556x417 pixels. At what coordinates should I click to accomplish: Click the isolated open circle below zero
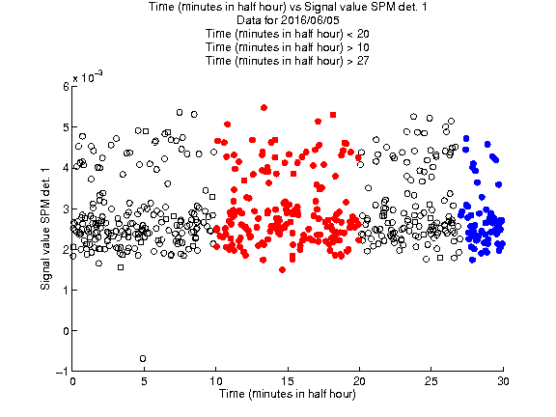[143, 358]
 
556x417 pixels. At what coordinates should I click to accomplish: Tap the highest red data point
[264, 107]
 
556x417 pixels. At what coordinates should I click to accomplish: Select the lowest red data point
[282, 270]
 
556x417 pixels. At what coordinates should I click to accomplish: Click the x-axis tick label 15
[288, 381]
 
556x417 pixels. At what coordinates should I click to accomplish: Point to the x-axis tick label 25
[431, 381]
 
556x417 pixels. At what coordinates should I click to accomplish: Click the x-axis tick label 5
[144, 381]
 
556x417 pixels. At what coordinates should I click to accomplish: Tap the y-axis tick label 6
[66, 87]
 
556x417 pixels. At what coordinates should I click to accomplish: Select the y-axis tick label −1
[63, 372]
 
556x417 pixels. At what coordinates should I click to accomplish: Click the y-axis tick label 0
[66, 331]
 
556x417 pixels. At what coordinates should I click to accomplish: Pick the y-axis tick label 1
[67, 290]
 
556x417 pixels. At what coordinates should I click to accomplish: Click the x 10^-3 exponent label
[88, 77]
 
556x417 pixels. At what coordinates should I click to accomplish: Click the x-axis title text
[288, 394]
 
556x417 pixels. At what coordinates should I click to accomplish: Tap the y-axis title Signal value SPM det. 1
[45, 229]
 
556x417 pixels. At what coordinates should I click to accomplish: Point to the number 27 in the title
[363, 61]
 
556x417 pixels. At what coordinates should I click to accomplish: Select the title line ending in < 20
[288, 34]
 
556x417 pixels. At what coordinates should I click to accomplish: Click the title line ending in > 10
[288, 47]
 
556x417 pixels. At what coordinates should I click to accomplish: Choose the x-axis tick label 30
[503, 381]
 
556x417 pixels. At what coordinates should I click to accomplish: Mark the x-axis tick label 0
[72, 381]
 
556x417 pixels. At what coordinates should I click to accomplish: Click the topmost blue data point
[466, 138]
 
